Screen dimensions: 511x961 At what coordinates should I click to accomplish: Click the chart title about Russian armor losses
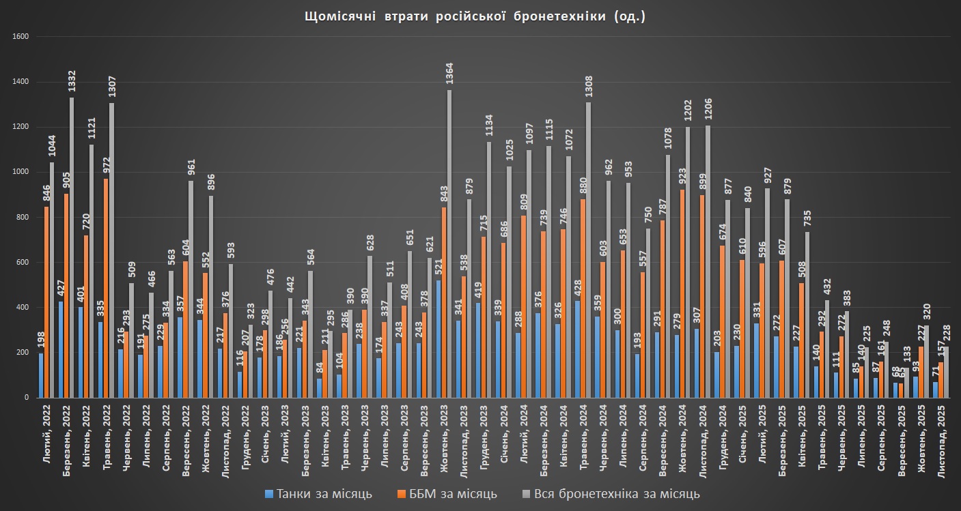475,17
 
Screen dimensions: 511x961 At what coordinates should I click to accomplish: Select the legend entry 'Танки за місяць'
319,493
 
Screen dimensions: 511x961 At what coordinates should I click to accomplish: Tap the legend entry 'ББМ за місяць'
447,493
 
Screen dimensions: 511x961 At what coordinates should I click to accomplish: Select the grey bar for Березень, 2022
72,247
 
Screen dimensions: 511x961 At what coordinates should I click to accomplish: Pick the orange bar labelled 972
106,287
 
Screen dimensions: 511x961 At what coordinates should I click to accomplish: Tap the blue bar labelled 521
437,338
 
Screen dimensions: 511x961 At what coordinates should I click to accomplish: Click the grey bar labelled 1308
588,250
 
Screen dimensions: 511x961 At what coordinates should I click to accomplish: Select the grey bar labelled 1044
52,280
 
